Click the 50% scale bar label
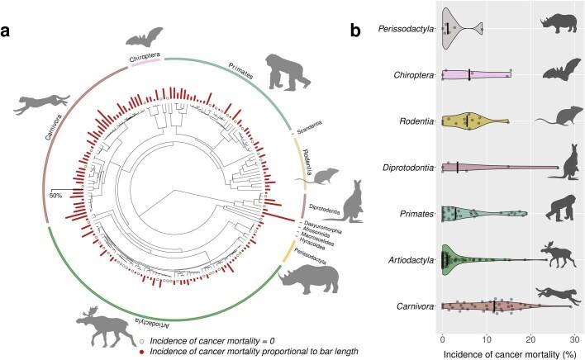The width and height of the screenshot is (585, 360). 56,196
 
